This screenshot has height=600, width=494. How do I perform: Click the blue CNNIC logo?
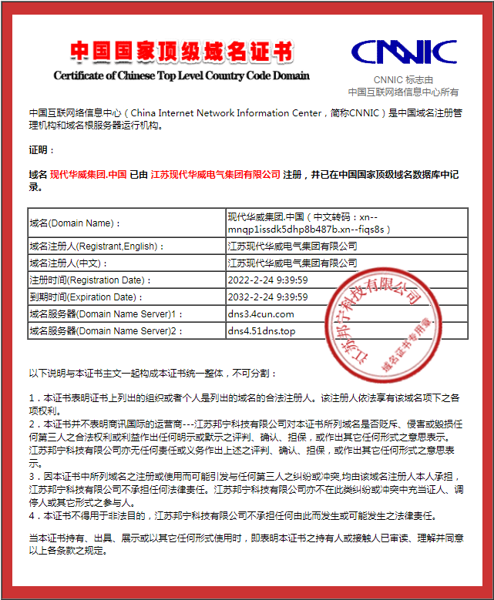coord(404,52)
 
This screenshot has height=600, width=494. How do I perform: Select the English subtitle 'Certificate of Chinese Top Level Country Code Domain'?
coord(181,75)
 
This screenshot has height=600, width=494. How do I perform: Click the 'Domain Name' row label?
coord(75,223)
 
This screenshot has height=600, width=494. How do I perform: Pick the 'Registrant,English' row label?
coord(96,246)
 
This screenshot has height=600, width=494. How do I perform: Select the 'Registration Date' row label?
coord(89,280)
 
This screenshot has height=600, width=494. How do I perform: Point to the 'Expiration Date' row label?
coord(87,297)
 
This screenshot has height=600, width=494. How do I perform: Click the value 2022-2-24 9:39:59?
coord(267,280)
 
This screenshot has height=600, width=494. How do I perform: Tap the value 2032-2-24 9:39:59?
coord(267,297)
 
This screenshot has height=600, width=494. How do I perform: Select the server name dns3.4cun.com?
coord(260,314)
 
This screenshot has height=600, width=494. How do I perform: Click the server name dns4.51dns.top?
coord(261,331)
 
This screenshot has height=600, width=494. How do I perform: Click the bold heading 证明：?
coord(42,149)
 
